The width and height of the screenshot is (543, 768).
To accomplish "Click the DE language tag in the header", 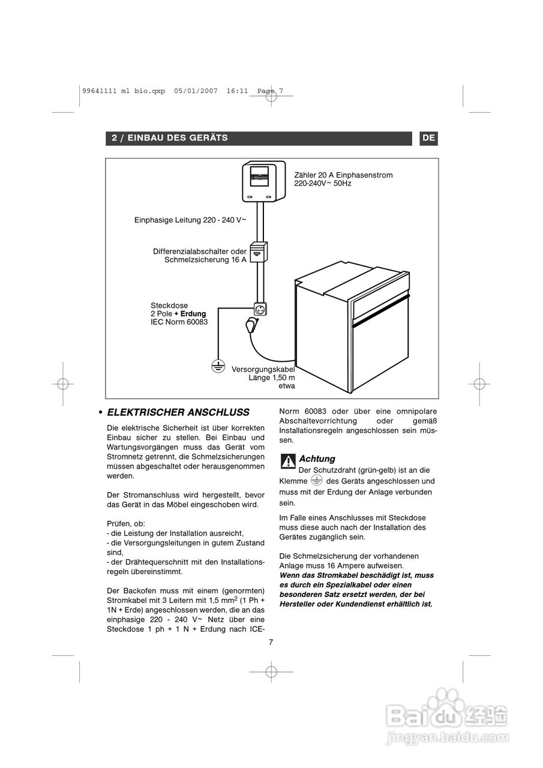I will (x=428, y=138).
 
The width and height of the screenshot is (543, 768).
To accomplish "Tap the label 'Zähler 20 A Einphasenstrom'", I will (x=343, y=175).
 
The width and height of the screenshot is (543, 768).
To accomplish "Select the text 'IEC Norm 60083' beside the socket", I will (x=179, y=322).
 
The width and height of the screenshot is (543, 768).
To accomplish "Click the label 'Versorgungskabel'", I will (x=263, y=369).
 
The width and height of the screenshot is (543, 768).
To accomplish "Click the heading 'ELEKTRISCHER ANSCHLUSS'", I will (x=178, y=413).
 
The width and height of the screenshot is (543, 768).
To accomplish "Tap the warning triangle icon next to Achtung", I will (x=288, y=460).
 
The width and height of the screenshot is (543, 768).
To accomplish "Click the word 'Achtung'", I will (x=317, y=459).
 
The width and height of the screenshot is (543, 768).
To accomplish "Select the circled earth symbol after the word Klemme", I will (x=317, y=480).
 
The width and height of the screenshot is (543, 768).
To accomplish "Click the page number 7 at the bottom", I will (x=271, y=642).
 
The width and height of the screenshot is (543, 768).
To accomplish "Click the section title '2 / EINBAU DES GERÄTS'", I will (x=170, y=138).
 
